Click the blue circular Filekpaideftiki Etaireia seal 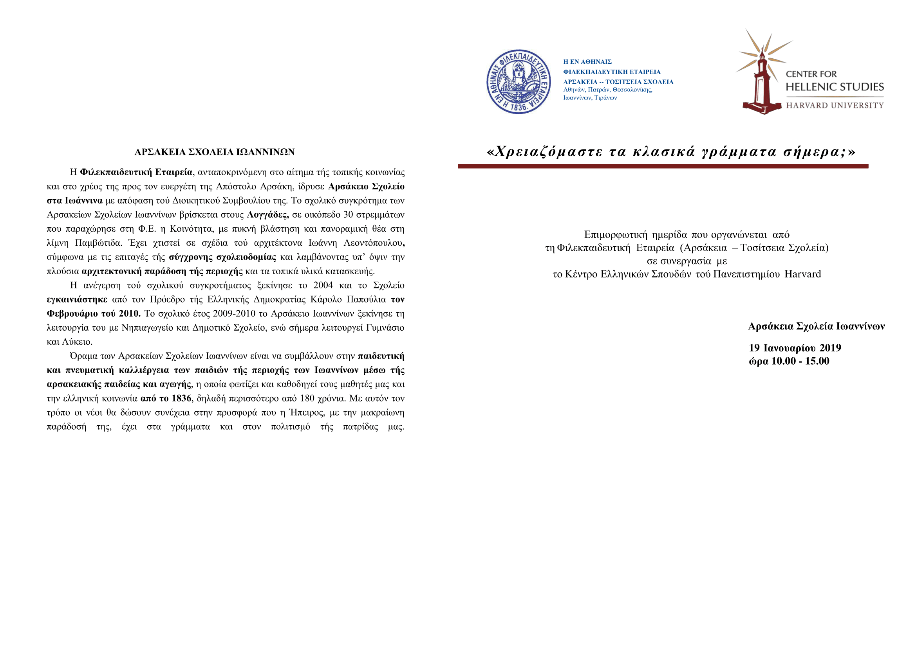click(x=518, y=82)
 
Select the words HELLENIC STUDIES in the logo click(x=835, y=87)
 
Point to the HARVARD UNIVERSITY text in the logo click(x=835, y=105)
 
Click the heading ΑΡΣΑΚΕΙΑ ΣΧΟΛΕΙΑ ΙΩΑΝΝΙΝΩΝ click(x=215, y=152)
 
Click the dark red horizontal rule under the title click(x=663, y=166)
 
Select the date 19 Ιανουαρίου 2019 click(x=795, y=348)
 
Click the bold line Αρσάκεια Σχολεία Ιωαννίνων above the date click(x=816, y=326)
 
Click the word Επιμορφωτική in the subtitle click(x=615, y=235)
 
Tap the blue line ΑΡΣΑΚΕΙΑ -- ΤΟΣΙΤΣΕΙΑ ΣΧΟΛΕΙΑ click(x=618, y=82)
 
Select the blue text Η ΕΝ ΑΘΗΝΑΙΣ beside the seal click(x=587, y=62)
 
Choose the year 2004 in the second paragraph click(x=323, y=285)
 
